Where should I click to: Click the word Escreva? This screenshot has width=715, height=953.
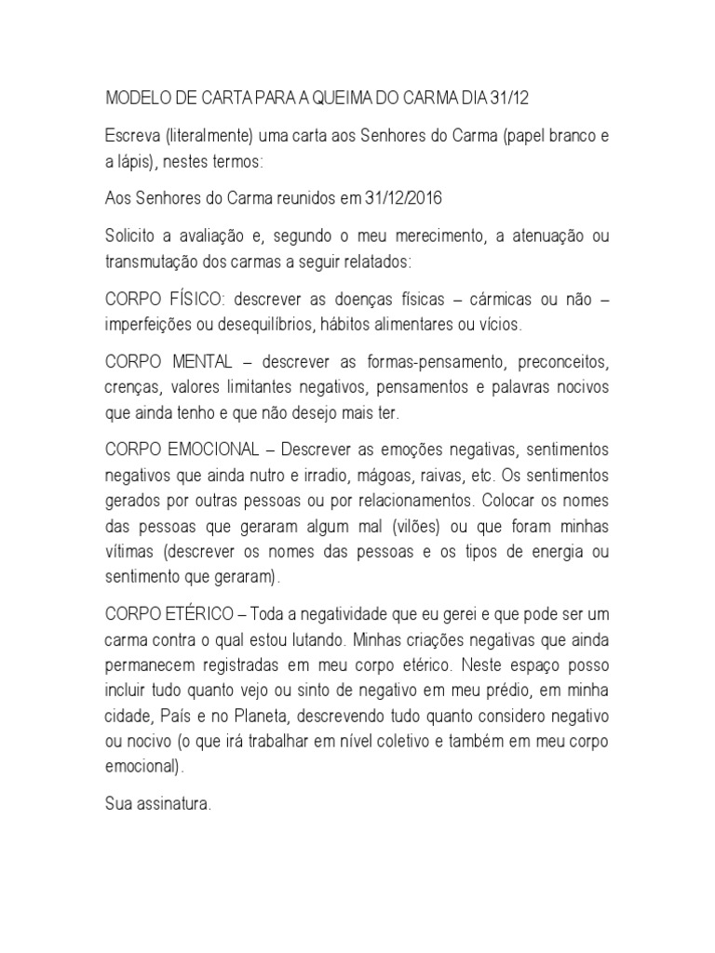(x=130, y=137)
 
